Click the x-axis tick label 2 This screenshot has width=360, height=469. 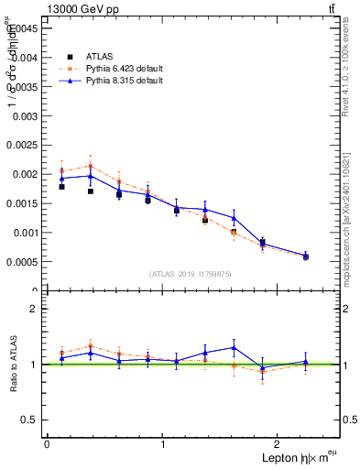point(280,445)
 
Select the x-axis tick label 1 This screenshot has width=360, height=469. point(163,445)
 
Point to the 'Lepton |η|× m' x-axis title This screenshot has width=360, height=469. point(294,458)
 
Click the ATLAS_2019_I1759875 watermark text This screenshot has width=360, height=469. point(191,274)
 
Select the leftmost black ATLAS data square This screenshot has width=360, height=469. point(61,186)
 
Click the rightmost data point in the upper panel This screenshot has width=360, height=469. point(306,256)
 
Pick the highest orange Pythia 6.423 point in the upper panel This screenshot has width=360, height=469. point(90,166)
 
